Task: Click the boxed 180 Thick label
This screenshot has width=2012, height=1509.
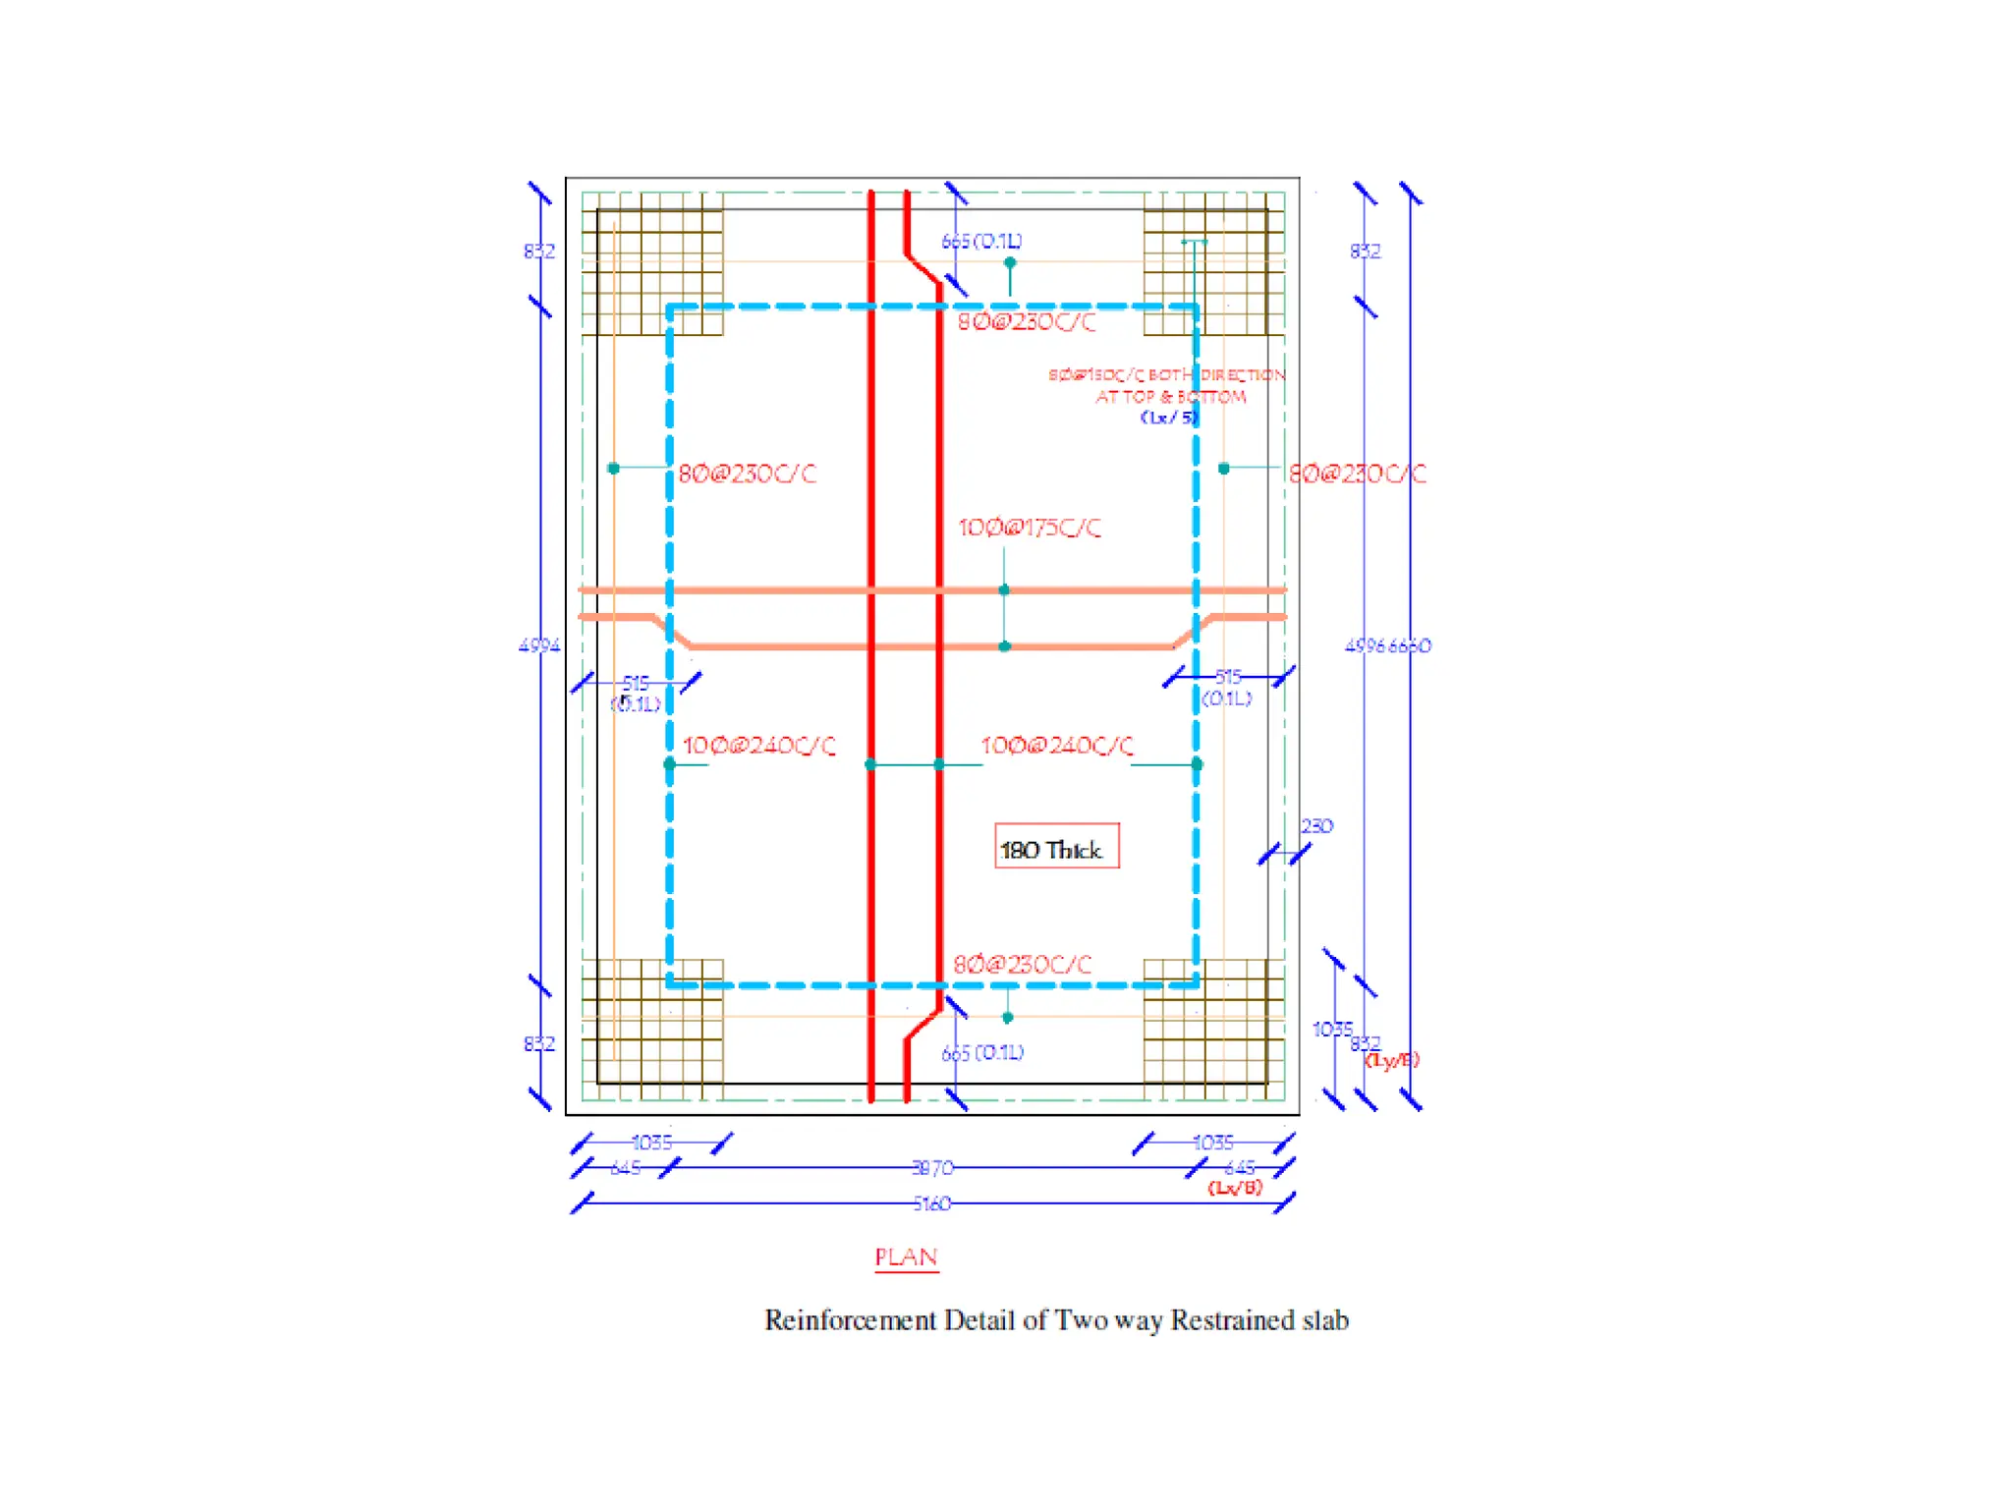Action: tap(1056, 847)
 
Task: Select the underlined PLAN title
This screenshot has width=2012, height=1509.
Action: tap(906, 1257)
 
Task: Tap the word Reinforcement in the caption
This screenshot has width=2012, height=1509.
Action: tap(850, 1320)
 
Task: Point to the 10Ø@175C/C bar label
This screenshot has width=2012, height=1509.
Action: tap(1029, 529)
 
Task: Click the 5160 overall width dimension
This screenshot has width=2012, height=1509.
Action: tap(931, 1203)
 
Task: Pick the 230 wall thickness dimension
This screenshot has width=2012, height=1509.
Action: tap(1316, 826)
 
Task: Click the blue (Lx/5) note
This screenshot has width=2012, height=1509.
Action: tap(1169, 417)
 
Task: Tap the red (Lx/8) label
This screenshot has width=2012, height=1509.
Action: tap(1235, 1188)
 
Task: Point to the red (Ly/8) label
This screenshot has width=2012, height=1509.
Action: tap(1392, 1059)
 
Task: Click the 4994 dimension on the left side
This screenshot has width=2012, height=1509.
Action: tap(538, 645)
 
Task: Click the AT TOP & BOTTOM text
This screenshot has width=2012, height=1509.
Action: tap(1170, 397)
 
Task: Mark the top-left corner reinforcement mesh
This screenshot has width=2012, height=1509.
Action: tap(652, 264)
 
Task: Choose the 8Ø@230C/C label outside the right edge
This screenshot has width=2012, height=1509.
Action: tap(1357, 475)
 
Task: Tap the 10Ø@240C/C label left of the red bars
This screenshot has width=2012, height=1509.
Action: tap(758, 746)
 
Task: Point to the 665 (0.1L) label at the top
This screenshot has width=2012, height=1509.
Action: tap(981, 242)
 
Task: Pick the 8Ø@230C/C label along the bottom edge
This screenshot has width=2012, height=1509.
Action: tap(1022, 965)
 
